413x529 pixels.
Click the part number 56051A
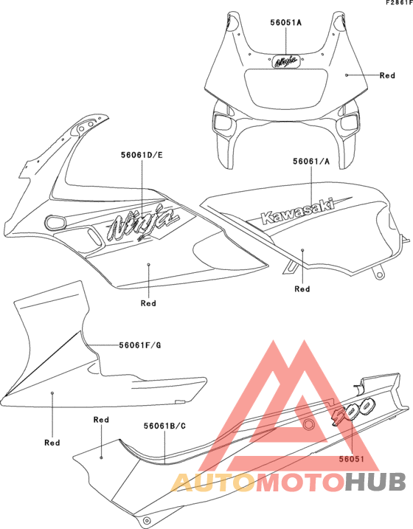pyautogui.click(x=286, y=23)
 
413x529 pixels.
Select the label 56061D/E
pyautogui.click(x=142, y=155)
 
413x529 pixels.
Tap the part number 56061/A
pyautogui.click(x=311, y=162)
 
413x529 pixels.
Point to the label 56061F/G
pyautogui.click(x=140, y=345)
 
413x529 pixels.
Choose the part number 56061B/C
pyautogui.click(x=165, y=426)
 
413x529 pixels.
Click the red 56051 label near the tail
pyautogui.click(x=352, y=459)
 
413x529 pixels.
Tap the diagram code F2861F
pyautogui.click(x=399, y=3)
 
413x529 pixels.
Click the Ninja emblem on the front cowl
pyautogui.click(x=286, y=61)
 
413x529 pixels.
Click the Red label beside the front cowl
pyautogui.click(x=387, y=75)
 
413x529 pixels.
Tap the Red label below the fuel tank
pyautogui.click(x=302, y=288)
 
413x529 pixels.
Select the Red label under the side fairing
pyautogui.click(x=148, y=303)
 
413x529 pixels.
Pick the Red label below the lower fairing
pyautogui.click(x=52, y=443)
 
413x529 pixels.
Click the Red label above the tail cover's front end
pyautogui.click(x=101, y=420)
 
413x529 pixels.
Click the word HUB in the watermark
pyautogui.click(x=375, y=482)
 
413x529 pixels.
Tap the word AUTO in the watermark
pyautogui.click(x=212, y=482)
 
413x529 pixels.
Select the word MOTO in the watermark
pyautogui.click(x=300, y=482)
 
